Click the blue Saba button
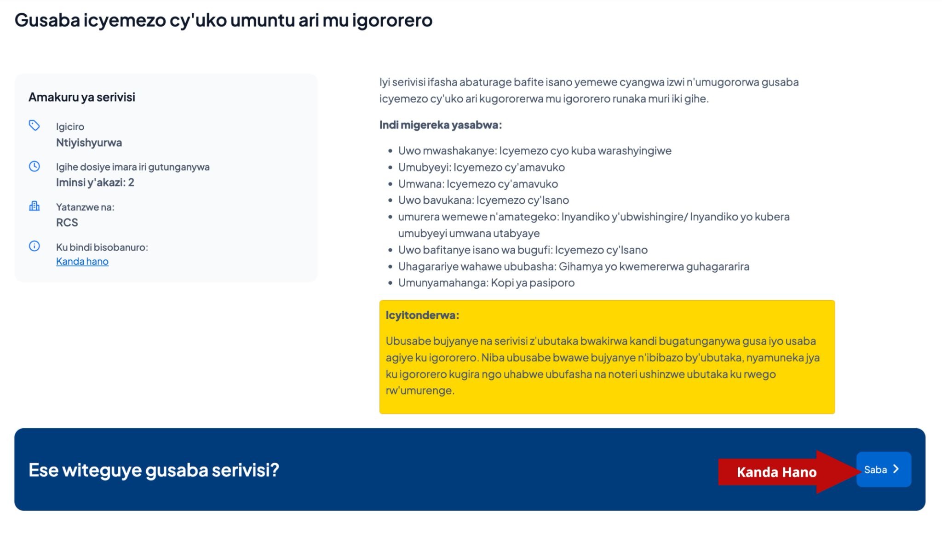[884, 469]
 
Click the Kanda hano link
[82, 261]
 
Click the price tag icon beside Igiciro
[34, 125]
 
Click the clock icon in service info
[34, 166]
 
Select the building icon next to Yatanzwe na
[34, 206]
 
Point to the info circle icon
[34, 246]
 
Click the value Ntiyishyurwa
[89, 143]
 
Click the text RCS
[67, 223]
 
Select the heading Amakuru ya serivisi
[82, 97]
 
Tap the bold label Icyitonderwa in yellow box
[422, 315]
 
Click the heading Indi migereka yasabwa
[441, 125]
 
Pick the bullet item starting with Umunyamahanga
[486, 282]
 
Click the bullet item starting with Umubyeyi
[482, 167]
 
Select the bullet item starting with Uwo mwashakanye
[535, 150]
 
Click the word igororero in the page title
[392, 21]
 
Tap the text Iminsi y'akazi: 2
[95, 183]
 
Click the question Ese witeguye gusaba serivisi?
[154, 470]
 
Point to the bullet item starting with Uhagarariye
[574, 266]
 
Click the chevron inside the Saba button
[896, 469]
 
